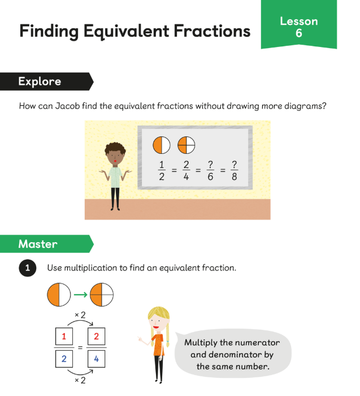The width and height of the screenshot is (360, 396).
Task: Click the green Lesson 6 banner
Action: [x=299, y=24]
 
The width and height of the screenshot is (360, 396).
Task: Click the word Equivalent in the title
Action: [x=126, y=32]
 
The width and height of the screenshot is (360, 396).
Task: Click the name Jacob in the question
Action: [x=67, y=106]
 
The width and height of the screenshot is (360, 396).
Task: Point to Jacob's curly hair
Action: [x=115, y=148]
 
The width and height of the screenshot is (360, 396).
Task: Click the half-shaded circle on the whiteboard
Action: [x=162, y=145]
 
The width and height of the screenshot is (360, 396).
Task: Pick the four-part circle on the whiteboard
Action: [x=186, y=145]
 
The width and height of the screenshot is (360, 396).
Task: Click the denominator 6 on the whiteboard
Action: [x=210, y=177]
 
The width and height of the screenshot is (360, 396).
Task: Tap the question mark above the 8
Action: [x=234, y=165]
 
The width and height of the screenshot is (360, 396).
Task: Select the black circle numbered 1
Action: [x=28, y=268]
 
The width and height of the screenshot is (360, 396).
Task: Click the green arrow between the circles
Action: [x=80, y=295]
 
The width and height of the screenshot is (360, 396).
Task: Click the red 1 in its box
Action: [x=64, y=336]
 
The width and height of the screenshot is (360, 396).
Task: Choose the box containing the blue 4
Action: [x=97, y=359]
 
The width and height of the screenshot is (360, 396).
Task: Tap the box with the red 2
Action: [x=97, y=336]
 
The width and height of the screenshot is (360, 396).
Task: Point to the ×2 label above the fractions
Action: [x=80, y=315]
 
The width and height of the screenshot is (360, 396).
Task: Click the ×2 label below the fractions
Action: [x=80, y=380]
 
